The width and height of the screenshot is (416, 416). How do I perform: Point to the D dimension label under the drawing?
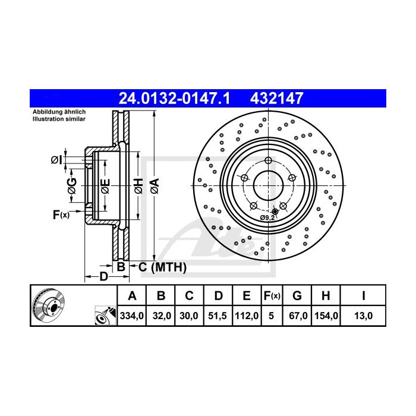click(x=103, y=276)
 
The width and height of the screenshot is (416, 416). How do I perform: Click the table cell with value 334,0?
click(x=133, y=316)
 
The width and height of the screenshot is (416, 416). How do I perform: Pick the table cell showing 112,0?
click(x=245, y=316)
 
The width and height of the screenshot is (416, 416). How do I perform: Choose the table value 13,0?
click(x=363, y=316)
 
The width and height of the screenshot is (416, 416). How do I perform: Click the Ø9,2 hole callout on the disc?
click(x=267, y=218)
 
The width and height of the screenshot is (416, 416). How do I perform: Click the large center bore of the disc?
click(x=267, y=185)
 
